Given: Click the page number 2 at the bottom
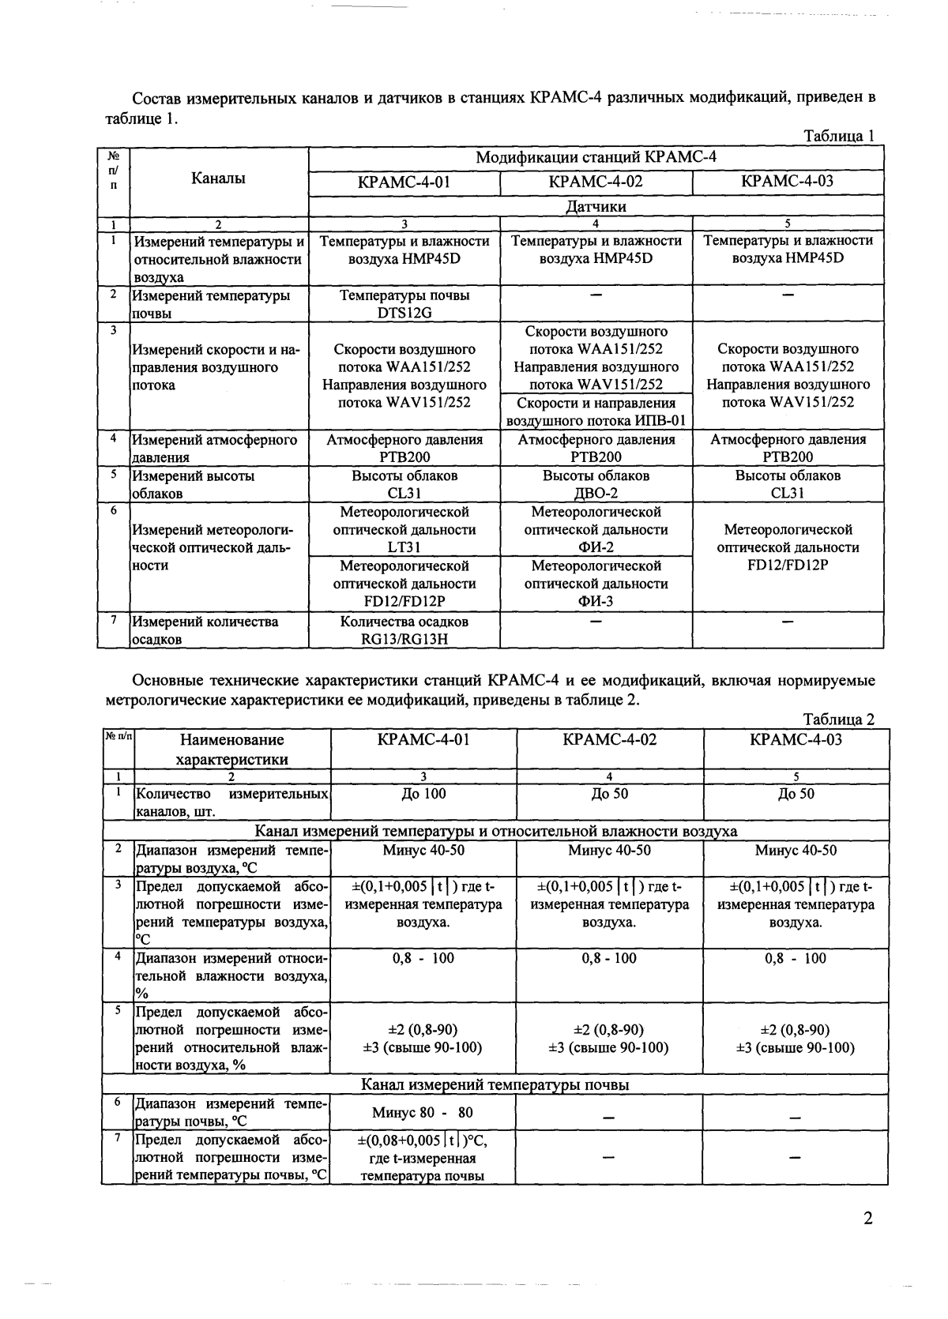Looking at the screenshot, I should pyautogui.click(x=868, y=1219).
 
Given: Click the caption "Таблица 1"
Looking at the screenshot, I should pyautogui.click(x=838, y=136).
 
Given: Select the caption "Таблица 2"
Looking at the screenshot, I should pyautogui.click(x=838, y=720).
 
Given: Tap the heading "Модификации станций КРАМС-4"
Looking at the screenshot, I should pyautogui.click(x=596, y=157).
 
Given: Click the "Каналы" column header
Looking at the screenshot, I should pyautogui.click(x=218, y=178).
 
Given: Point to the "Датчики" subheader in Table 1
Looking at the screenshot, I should pyautogui.click(x=596, y=206).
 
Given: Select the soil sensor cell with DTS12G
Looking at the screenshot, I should pyautogui.click(x=404, y=304).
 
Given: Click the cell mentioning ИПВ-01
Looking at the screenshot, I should pyautogui.click(x=596, y=411).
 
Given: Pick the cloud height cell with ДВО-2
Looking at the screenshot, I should pyautogui.click(x=596, y=484).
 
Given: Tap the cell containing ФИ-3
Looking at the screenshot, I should pyautogui.click(x=596, y=584).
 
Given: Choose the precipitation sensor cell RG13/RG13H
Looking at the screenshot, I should pyautogui.click(x=404, y=630).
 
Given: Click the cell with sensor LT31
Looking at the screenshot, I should pyautogui.click(x=404, y=529).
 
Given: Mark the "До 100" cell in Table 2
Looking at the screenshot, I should pyautogui.click(x=423, y=794).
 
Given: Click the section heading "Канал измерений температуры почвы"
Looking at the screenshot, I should pyautogui.click(x=495, y=1084).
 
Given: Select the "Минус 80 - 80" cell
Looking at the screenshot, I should pyautogui.click(x=423, y=1113).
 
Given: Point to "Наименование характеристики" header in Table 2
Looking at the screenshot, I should pyautogui.click(x=231, y=750).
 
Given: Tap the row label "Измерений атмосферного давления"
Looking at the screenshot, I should pyautogui.click(x=215, y=448).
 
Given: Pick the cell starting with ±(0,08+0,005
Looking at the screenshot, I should pyautogui.click(x=423, y=1158).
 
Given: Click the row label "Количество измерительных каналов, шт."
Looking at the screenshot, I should pyautogui.click(x=231, y=802).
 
